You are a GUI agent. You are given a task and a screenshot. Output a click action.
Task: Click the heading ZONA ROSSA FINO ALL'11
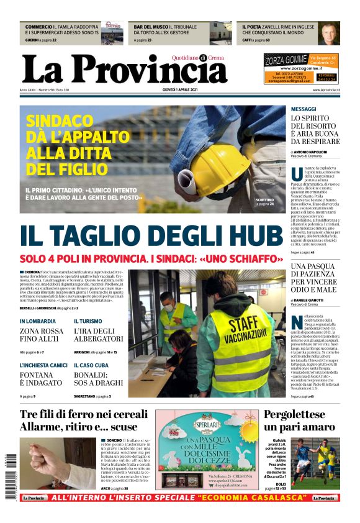click(x=41, y=335)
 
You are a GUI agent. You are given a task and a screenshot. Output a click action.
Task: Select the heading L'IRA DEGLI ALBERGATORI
click(x=99, y=335)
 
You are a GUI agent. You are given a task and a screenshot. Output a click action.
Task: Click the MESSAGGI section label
click(x=304, y=109)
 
